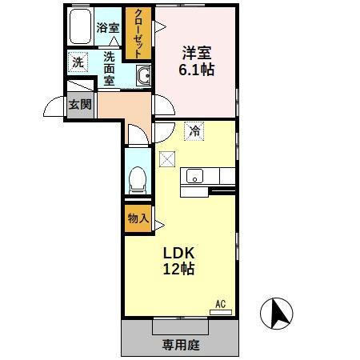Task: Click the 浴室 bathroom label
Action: click(108, 27)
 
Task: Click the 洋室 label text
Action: click(196, 54)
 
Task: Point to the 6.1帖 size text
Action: click(196, 70)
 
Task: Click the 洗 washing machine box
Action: click(78, 62)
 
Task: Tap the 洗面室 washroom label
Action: click(109, 68)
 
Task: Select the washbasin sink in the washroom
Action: click(145, 77)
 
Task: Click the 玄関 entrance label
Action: click(78, 105)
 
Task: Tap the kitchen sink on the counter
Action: click(194, 176)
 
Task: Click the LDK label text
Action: click(181, 253)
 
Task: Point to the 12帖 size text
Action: click(181, 270)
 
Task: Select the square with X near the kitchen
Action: click(166, 158)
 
